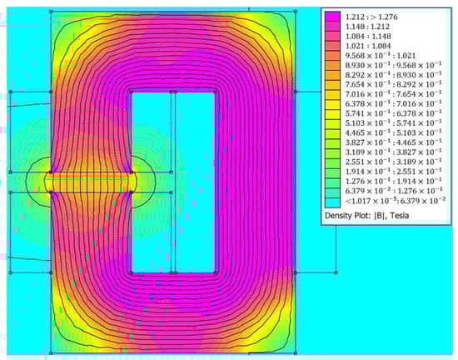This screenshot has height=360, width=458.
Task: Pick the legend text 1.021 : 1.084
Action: (373, 49)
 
